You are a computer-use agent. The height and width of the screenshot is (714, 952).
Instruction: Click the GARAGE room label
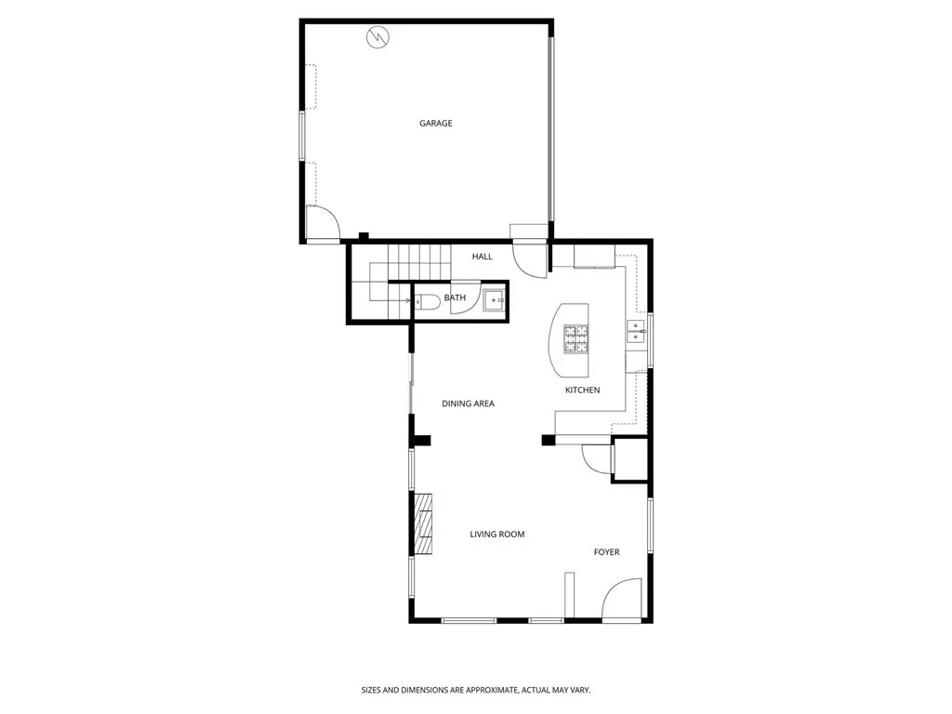(x=435, y=123)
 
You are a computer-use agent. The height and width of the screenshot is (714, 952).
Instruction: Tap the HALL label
(x=483, y=257)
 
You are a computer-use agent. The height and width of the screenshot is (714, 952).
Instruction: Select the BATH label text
(x=455, y=297)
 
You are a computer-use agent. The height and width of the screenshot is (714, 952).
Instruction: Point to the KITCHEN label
(x=582, y=390)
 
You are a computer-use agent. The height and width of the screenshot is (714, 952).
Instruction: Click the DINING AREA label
(x=468, y=403)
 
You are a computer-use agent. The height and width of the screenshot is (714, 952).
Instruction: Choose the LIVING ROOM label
(x=496, y=534)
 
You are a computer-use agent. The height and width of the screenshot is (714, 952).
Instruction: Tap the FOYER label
(x=606, y=552)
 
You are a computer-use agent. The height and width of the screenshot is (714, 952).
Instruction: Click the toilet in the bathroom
(x=427, y=300)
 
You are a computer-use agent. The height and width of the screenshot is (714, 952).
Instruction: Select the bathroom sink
(x=495, y=298)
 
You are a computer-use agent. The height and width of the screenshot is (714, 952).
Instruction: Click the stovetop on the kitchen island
(x=575, y=338)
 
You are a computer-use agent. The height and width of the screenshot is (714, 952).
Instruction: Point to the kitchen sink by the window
(x=636, y=331)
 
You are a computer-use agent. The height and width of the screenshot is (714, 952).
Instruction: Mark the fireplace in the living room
(x=425, y=523)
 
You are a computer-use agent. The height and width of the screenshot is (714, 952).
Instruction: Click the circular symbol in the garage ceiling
(x=377, y=37)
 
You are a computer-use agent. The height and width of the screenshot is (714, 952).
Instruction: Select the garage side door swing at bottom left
(x=322, y=224)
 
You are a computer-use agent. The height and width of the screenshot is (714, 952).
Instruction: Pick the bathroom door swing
(x=465, y=299)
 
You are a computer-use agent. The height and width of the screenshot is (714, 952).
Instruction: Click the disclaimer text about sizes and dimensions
(x=475, y=690)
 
